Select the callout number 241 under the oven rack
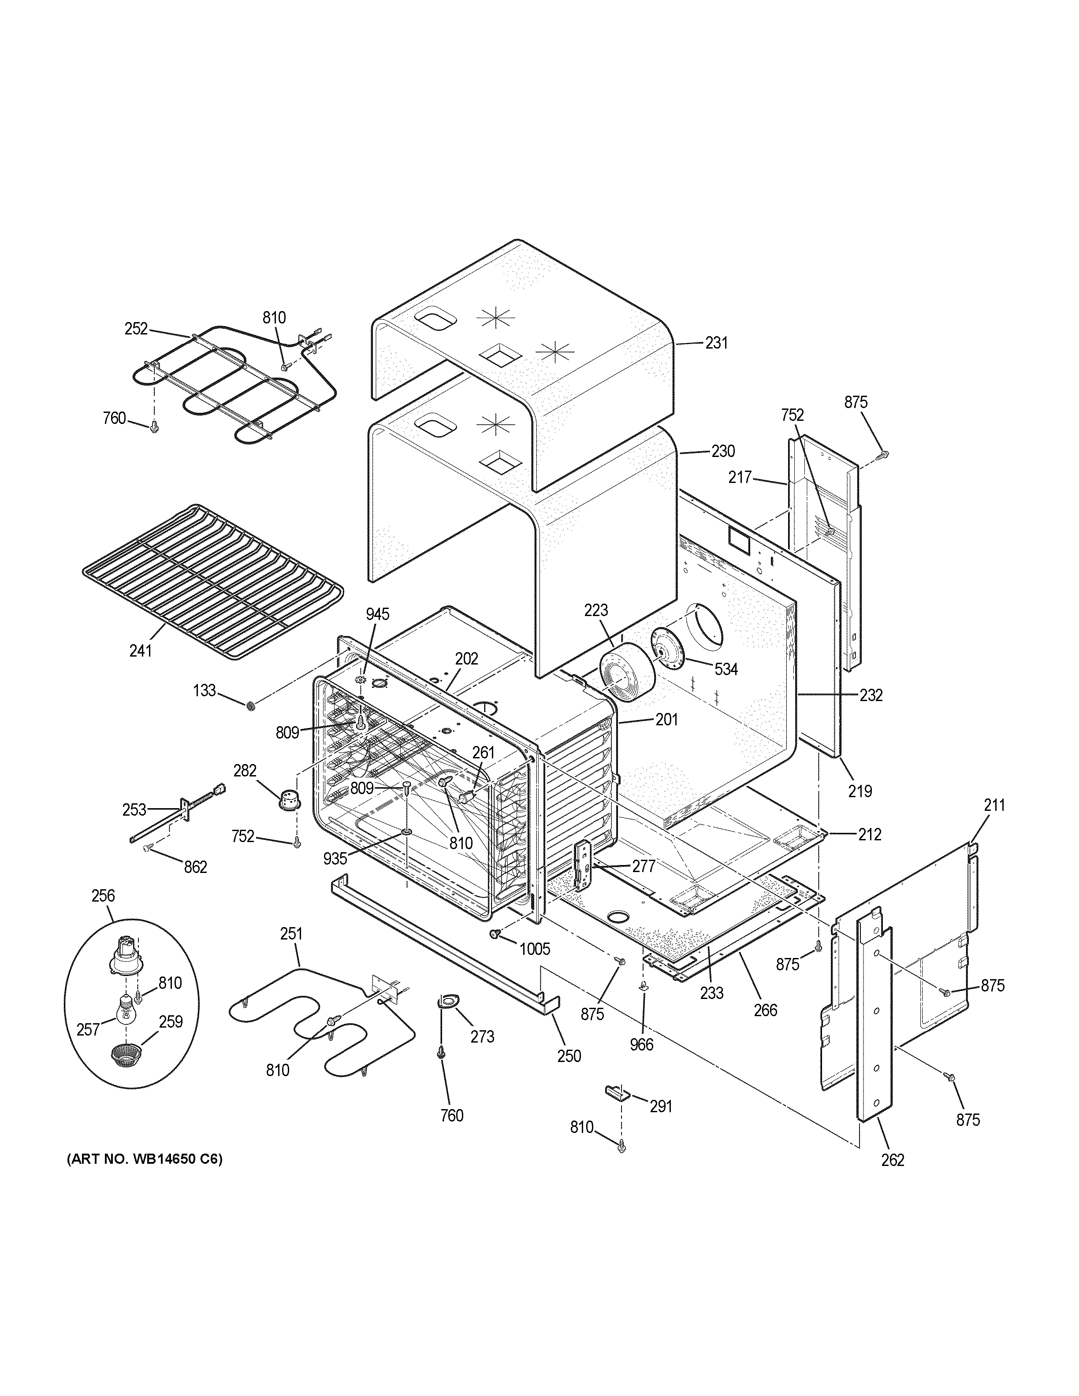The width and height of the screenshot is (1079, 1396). coord(141,651)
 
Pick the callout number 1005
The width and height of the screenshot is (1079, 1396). coord(534,949)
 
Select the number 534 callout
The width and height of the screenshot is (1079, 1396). coord(726,669)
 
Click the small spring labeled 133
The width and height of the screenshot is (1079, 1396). coord(251,705)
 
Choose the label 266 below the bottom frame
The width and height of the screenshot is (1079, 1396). coord(765,1010)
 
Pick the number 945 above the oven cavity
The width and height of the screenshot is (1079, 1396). coord(377,614)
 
